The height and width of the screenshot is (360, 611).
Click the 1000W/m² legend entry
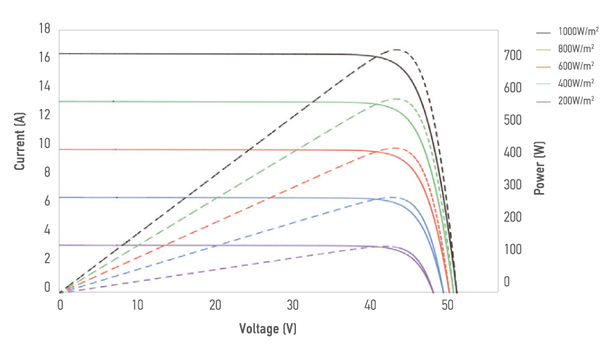click(578, 33)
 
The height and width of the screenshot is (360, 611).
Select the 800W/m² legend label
click(576, 49)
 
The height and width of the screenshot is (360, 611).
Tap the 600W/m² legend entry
click(576, 66)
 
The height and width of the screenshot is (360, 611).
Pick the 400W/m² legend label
click(576, 83)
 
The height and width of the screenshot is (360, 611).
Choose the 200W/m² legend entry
click(576, 99)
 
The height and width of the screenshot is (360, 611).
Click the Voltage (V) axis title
click(268, 329)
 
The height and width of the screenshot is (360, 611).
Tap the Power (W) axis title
click(539, 168)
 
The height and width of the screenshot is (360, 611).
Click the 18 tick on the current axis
click(44, 28)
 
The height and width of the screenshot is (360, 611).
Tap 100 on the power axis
click(513, 250)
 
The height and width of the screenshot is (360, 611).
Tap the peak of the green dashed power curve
click(396, 98)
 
